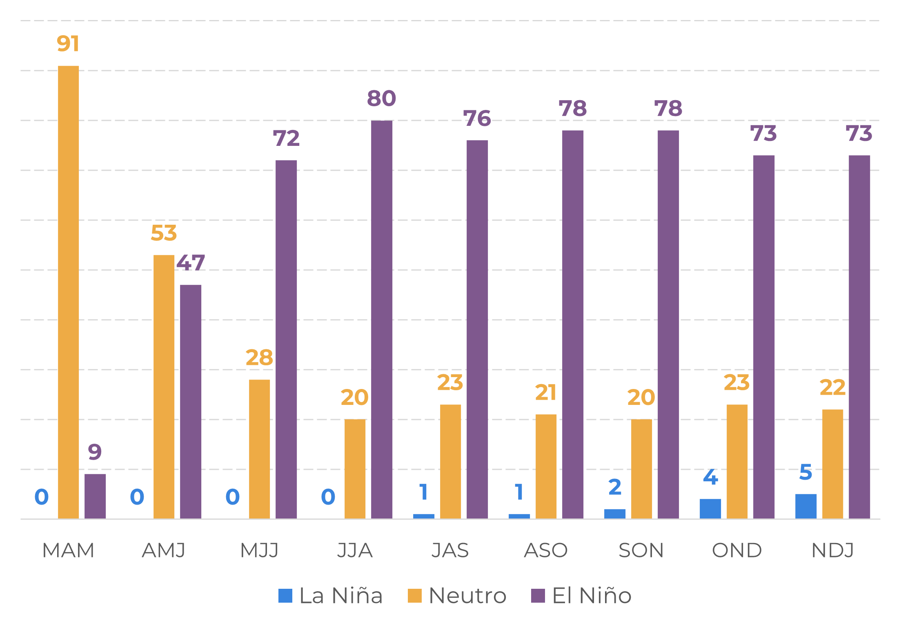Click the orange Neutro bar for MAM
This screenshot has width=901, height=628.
point(69,292)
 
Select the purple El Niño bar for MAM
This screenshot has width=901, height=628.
point(95,496)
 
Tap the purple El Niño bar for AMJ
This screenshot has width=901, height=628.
point(191,402)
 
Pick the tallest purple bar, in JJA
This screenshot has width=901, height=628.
point(382,320)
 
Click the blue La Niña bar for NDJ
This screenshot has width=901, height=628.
point(806,506)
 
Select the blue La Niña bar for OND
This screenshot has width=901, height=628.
point(710,509)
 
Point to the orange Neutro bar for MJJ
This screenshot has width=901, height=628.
point(260,449)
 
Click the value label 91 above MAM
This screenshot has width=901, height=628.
point(68,44)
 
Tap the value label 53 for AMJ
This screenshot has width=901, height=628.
point(164,233)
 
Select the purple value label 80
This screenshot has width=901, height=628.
point(381,98)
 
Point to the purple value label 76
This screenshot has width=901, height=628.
point(477,118)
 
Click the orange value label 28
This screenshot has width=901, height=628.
point(259,358)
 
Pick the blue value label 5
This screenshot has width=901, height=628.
point(806,472)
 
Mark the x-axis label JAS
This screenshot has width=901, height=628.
point(450,550)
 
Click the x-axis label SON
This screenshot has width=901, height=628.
point(641,550)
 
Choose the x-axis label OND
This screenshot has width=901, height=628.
point(737,550)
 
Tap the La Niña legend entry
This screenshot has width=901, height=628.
point(331,596)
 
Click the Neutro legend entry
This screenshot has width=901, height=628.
point(457,596)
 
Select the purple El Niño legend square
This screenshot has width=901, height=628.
point(538,596)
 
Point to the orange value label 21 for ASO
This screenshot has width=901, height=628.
point(546,393)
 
